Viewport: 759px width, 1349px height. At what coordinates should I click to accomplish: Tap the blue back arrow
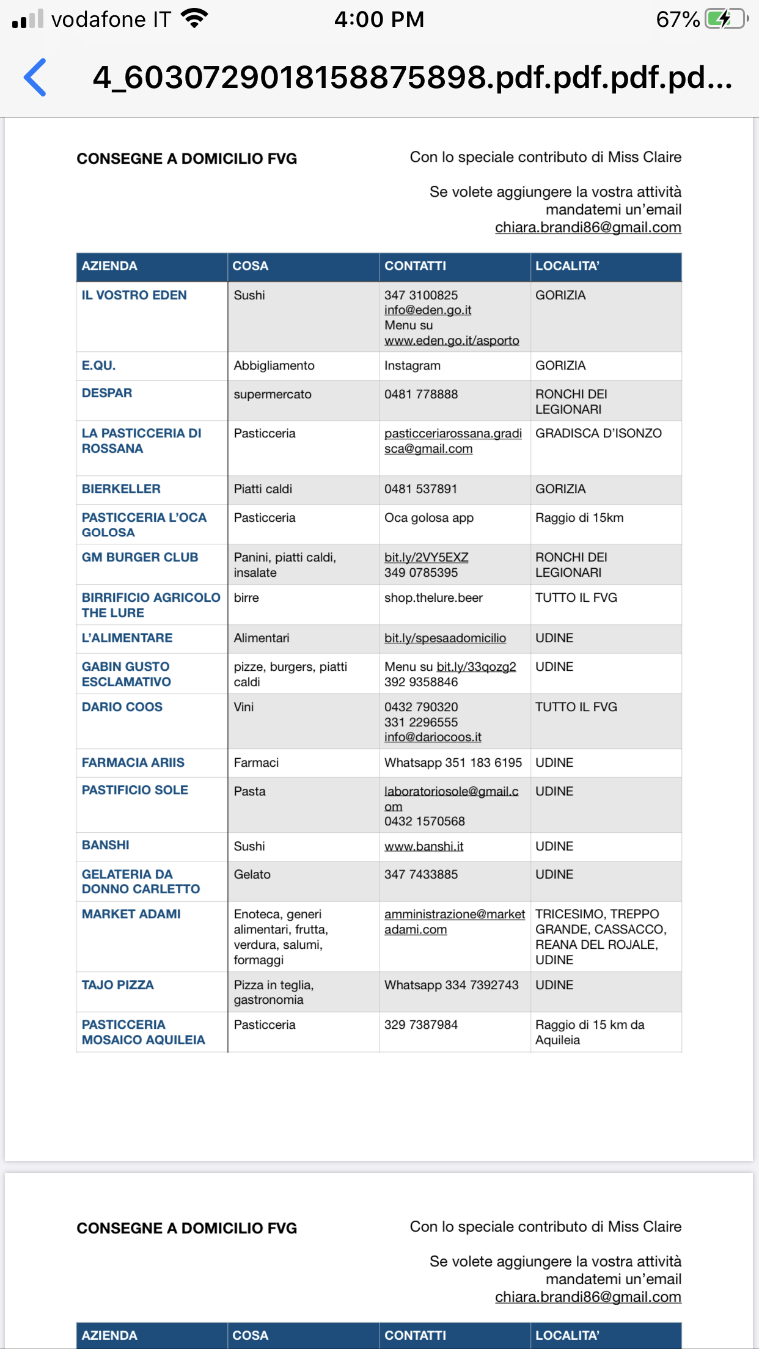pos(35,78)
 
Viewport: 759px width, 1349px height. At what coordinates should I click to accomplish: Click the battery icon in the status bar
pos(726,19)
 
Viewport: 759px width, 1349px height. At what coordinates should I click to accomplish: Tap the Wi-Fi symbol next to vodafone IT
pos(195,19)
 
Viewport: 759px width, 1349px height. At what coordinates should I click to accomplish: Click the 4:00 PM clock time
pos(379,20)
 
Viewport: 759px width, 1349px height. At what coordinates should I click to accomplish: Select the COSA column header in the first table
pos(251,266)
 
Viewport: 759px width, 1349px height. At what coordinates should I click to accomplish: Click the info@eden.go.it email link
pos(428,310)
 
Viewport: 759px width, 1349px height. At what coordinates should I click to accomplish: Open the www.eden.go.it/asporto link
pos(452,340)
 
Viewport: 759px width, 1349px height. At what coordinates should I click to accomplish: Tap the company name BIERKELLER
pos(121,489)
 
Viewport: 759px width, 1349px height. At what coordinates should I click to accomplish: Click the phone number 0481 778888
pos(421,394)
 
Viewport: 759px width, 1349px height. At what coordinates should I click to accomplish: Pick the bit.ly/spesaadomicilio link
pos(445,638)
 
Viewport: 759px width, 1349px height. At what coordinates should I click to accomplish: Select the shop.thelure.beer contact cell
pos(433,598)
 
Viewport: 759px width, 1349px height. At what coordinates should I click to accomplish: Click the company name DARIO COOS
pos(122,707)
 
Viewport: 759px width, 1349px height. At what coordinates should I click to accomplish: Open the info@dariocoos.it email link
pos(433,737)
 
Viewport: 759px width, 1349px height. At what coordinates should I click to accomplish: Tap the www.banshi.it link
pos(424,846)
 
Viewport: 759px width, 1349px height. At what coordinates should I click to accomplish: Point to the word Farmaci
pos(256,762)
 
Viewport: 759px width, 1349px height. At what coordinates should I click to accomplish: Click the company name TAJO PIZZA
pos(118,985)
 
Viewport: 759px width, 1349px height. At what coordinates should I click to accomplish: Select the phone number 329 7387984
pos(421,1025)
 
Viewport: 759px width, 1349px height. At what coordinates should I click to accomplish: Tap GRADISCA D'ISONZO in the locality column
pos(598,433)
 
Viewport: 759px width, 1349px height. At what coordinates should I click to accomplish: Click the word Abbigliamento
pos(274,365)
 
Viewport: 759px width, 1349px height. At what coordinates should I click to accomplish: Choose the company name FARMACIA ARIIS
pos(133,762)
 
